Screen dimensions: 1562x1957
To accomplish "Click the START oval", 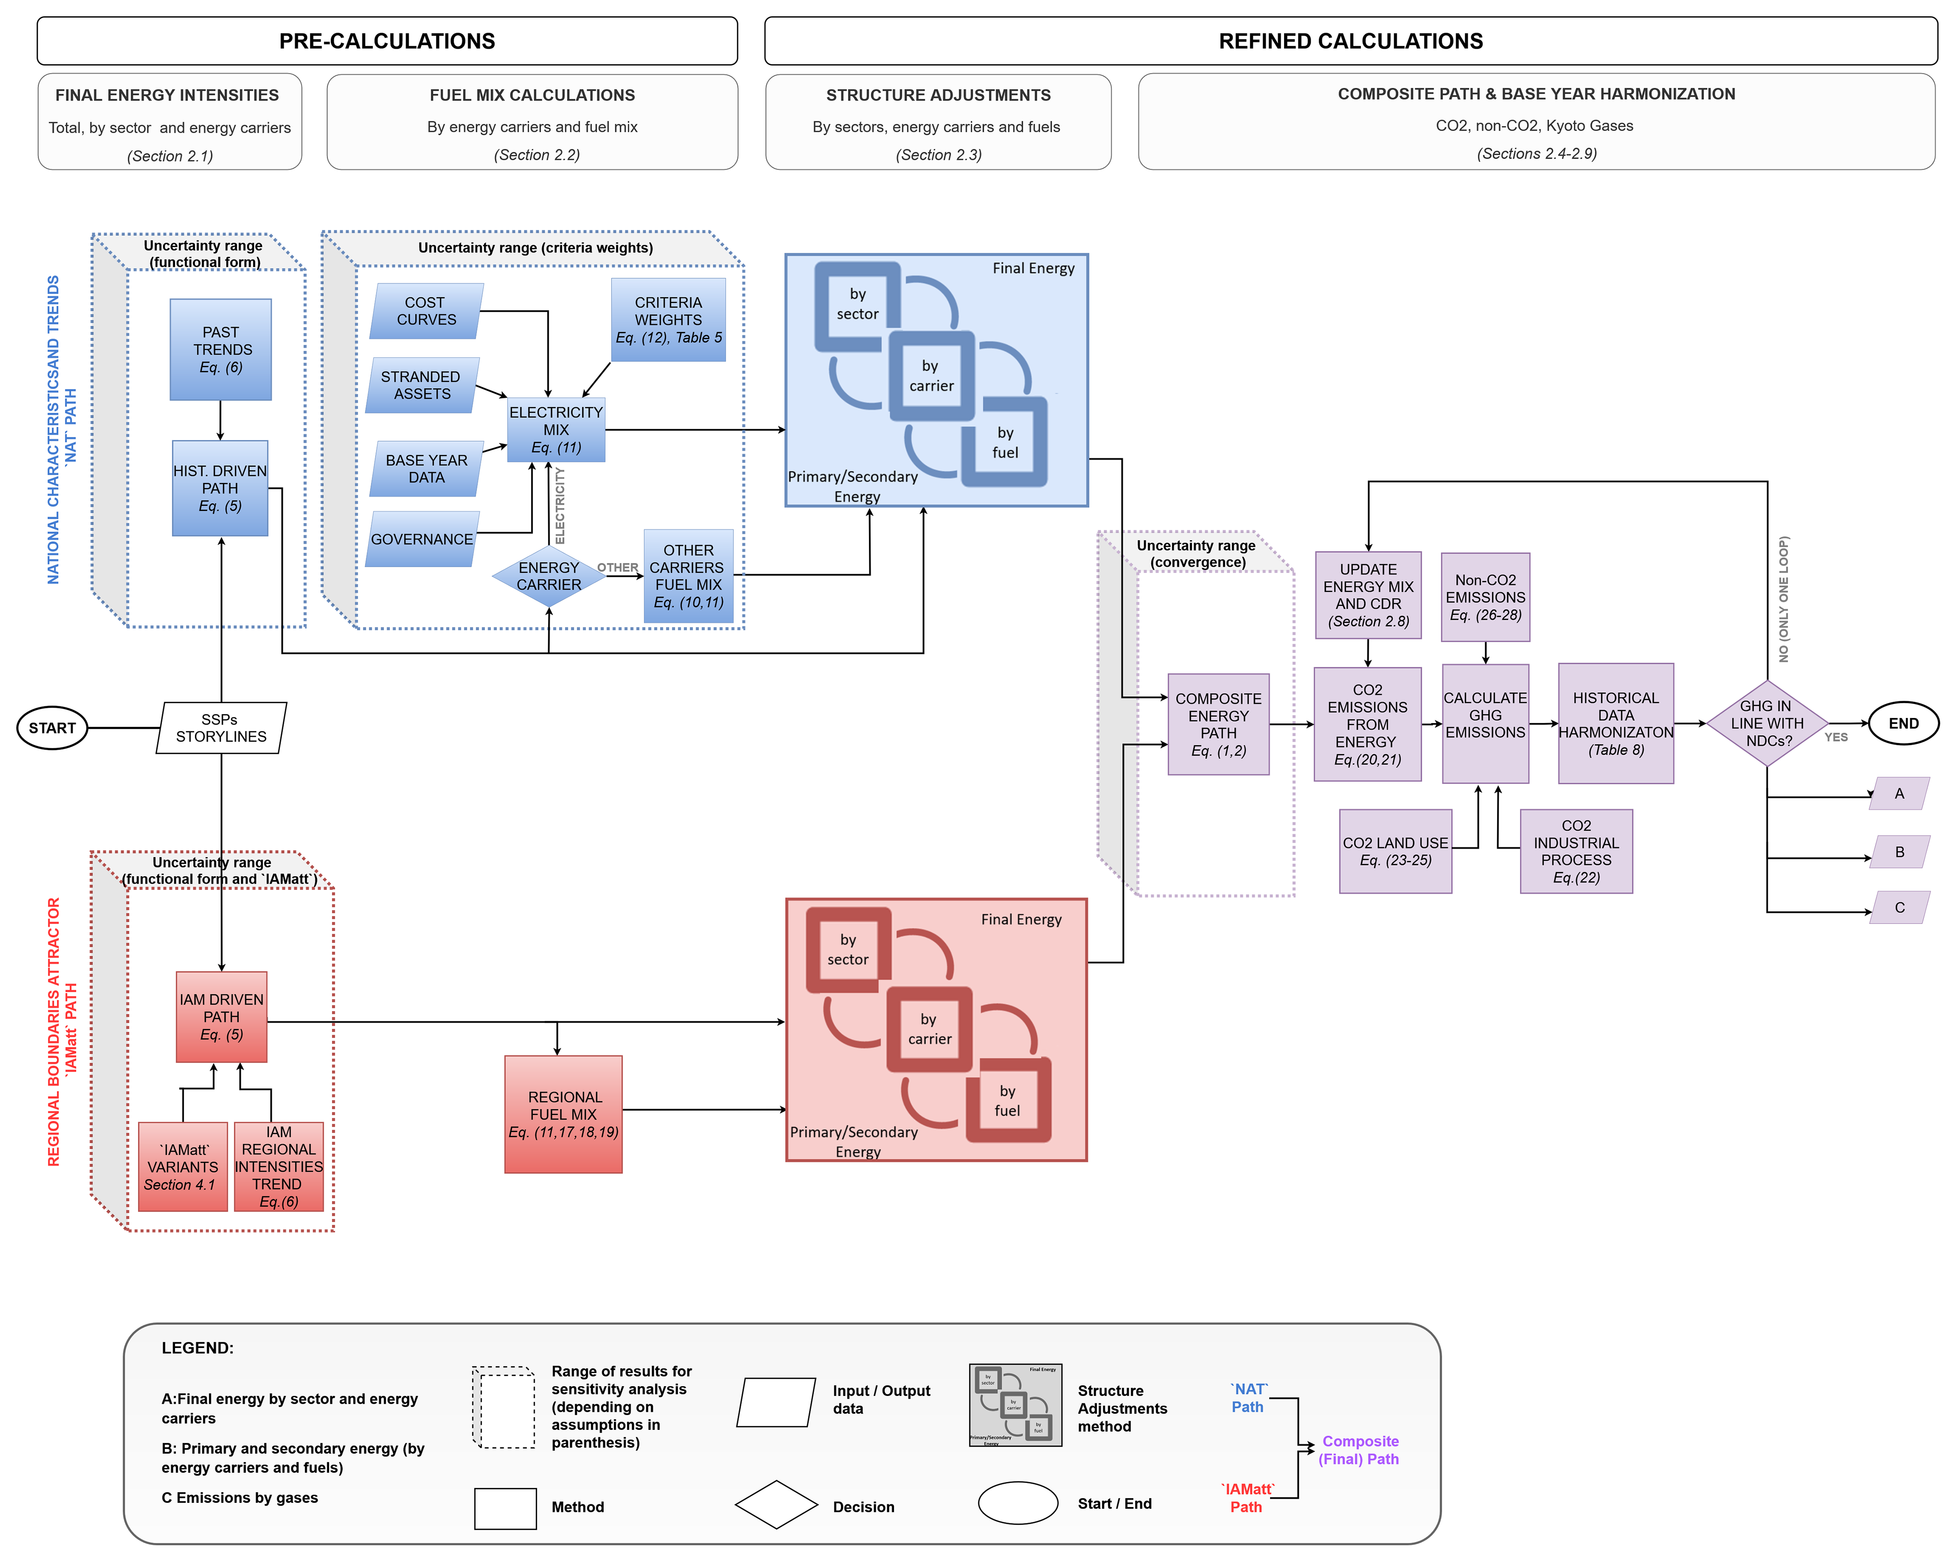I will pyautogui.click(x=52, y=728).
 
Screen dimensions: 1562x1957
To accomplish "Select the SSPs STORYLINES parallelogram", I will pyautogui.click(x=222, y=728).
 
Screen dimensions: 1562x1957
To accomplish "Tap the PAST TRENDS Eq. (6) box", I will pyautogui.click(x=221, y=349).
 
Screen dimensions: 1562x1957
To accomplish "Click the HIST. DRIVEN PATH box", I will pyautogui.click(x=221, y=488).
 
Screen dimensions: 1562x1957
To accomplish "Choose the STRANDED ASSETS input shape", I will pyautogui.click(x=422, y=385).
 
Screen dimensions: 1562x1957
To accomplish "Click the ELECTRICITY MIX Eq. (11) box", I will pyautogui.click(x=556, y=429).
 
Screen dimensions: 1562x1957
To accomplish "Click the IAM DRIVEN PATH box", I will pyautogui.click(x=222, y=1017).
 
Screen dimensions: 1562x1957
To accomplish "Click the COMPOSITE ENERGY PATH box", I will pyautogui.click(x=1218, y=724).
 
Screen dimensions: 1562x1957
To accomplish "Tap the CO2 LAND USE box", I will pyautogui.click(x=1395, y=851).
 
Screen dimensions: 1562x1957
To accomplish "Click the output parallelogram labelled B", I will pyautogui.click(x=1899, y=852).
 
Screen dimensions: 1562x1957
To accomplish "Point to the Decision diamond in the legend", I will pyautogui.click(x=776, y=1505).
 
